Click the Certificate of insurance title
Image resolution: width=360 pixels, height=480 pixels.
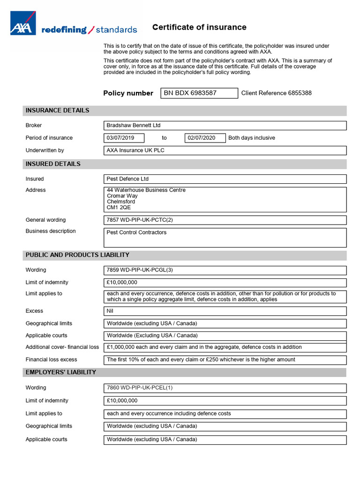[199, 27]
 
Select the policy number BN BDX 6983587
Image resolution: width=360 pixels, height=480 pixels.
[190, 93]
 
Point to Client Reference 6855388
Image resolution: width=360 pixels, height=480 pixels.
[276, 93]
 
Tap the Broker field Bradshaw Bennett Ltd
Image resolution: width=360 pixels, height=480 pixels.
[134, 125]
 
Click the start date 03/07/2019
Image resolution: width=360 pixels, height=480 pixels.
[120, 138]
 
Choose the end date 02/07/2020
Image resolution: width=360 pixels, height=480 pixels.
[202, 138]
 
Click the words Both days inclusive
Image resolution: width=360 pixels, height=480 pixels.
[251, 138]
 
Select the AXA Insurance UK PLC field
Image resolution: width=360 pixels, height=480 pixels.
[135, 150]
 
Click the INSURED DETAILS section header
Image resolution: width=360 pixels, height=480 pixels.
[53, 164]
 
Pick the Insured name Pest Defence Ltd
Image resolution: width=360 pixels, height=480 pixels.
[127, 179]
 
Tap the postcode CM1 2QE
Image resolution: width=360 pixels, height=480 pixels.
[119, 207]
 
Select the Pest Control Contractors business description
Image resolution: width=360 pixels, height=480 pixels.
[136, 232]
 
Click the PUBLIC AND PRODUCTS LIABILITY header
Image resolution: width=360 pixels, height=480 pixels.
[77, 255]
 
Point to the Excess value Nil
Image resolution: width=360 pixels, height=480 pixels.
[110, 311]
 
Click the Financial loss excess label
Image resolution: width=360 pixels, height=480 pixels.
[51, 360]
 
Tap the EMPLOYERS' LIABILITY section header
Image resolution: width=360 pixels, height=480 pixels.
[61, 372]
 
